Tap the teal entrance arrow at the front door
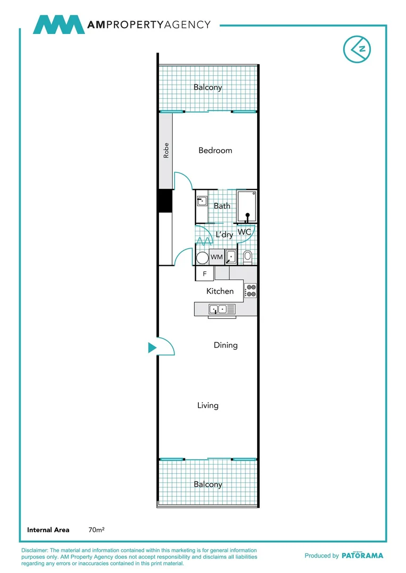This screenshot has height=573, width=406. coord(152,348)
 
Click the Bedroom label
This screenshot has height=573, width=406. coord(215,151)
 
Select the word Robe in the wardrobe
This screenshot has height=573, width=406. coord(166,151)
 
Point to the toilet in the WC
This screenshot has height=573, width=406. coord(247,258)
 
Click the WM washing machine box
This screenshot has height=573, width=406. coord(216,257)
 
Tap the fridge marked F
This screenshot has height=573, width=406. coord(204,274)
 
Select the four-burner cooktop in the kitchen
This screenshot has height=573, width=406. coord(250,291)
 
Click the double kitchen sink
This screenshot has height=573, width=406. coord(218,309)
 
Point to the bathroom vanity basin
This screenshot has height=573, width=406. coord(202,201)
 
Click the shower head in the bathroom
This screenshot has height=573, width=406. coord(247,215)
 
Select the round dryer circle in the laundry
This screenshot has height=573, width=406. coord(202,258)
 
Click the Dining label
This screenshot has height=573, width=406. coord(225,345)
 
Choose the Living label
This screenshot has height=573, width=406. coord(208,406)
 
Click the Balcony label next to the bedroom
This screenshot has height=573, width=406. coord(208,88)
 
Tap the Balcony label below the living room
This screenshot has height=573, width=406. coord(208,484)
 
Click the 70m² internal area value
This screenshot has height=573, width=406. coord(96,529)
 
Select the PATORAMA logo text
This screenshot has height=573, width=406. coord(361,555)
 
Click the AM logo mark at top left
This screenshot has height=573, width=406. coord(58,25)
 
